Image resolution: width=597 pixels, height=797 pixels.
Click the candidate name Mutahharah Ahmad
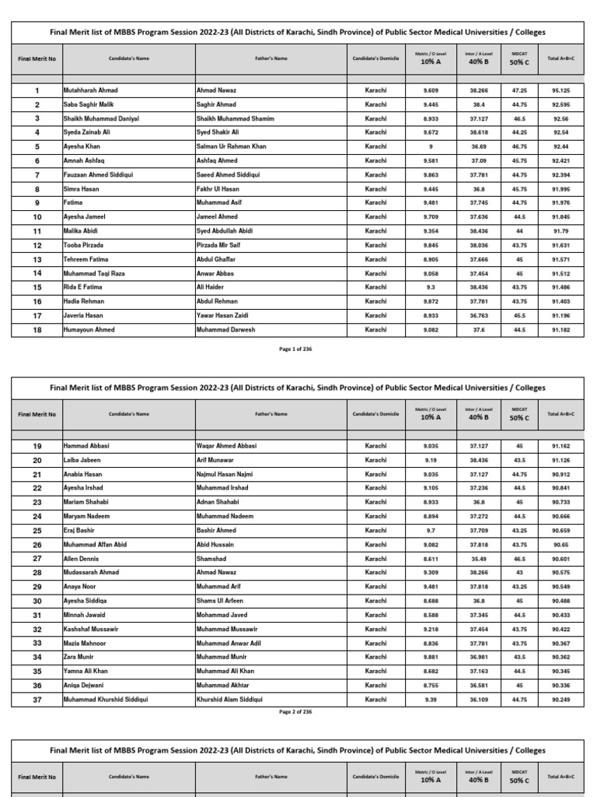(x=90, y=90)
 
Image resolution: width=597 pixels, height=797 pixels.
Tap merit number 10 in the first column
(x=37, y=217)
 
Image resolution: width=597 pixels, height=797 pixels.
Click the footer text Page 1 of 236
(x=295, y=349)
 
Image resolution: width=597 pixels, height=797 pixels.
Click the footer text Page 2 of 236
(x=295, y=711)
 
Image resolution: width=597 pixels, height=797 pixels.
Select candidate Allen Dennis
(x=82, y=559)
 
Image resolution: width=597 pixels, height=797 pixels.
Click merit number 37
(x=37, y=700)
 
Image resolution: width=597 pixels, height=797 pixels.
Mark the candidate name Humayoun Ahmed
(x=89, y=330)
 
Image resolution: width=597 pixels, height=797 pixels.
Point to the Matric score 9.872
(x=431, y=301)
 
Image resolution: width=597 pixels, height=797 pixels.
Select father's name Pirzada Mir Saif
(x=223, y=245)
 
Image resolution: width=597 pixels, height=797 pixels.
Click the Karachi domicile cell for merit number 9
(x=375, y=203)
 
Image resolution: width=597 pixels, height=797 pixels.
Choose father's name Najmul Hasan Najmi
(x=225, y=474)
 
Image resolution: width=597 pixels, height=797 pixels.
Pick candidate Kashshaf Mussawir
(x=91, y=629)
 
